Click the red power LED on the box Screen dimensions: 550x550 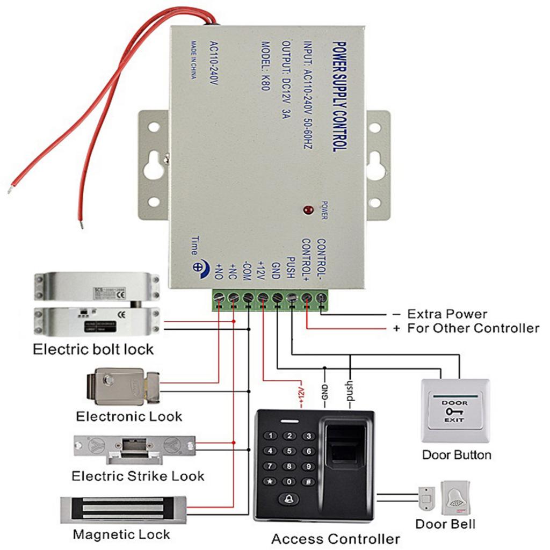(308, 209)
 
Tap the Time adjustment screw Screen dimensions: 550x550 (198, 266)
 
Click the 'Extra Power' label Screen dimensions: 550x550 (447, 314)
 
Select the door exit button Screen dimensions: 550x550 (455, 410)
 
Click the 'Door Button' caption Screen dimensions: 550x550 (456, 455)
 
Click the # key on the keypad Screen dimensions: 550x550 (308, 481)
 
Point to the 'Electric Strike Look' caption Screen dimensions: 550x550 (138, 476)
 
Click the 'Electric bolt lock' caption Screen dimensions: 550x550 (93, 350)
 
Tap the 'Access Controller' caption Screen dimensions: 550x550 (335, 539)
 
